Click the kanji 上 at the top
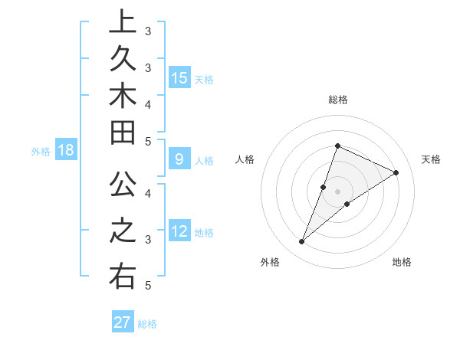[122, 22]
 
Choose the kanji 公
[122, 186]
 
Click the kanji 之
[122, 231]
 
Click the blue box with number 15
[179, 77]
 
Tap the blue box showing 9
[179, 160]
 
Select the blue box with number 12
[179, 231]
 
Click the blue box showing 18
[66, 150]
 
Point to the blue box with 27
[123, 322]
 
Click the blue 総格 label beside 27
[147, 324]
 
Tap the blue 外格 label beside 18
[41, 152]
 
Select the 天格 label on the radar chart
[432, 159]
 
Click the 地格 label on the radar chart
[402, 262]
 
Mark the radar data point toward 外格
[302, 242]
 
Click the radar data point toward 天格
[396, 172]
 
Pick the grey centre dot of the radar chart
[338, 191]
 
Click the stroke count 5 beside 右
[147, 286]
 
